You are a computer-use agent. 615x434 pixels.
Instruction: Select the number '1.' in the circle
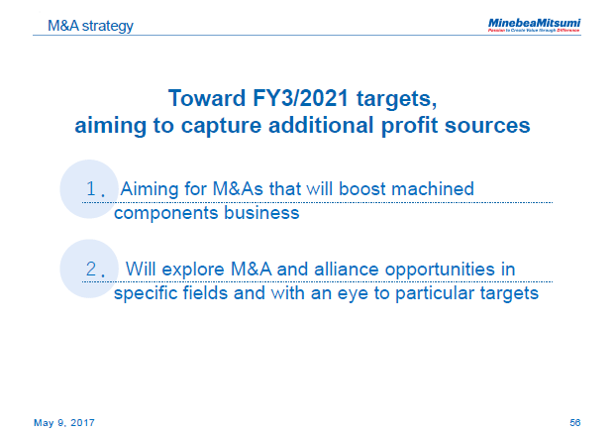click(96, 189)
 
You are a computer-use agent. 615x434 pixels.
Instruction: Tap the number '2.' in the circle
click(96, 270)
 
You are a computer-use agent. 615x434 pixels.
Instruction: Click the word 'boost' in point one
click(370, 188)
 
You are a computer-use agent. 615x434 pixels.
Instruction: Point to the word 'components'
click(164, 212)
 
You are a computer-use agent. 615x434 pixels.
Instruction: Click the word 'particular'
click(422, 293)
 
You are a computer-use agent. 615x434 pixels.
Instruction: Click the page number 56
click(575, 422)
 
